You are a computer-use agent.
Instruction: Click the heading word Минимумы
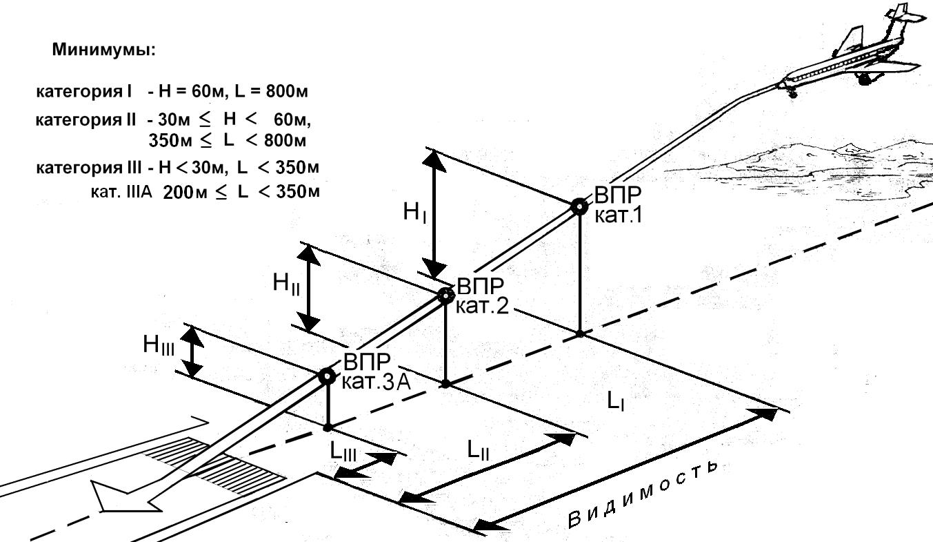103,51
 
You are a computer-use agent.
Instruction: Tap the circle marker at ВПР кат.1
579,206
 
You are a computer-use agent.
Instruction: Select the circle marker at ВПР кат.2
445,296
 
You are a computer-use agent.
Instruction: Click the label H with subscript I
415,213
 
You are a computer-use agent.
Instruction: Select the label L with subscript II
479,450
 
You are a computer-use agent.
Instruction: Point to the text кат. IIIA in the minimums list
121,191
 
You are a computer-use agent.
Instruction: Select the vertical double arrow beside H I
434,213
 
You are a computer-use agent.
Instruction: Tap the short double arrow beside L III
365,465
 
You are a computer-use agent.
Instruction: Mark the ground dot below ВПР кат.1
580,333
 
